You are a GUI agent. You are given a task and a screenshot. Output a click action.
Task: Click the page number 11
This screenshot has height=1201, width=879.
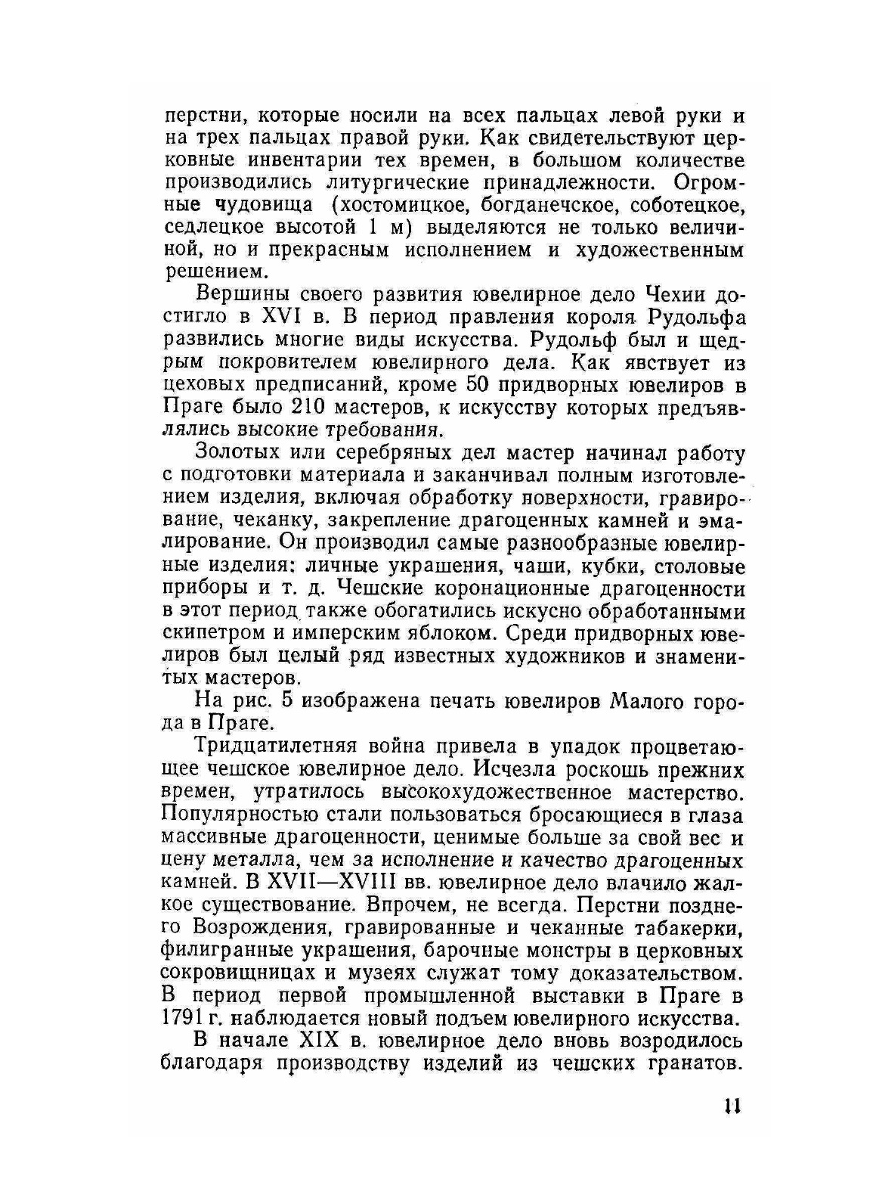[x=731, y=1106]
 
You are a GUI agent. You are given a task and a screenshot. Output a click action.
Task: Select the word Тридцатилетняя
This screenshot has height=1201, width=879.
[x=274, y=746]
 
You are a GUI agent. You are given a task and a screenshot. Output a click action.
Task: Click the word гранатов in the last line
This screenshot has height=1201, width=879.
[x=684, y=1063]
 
